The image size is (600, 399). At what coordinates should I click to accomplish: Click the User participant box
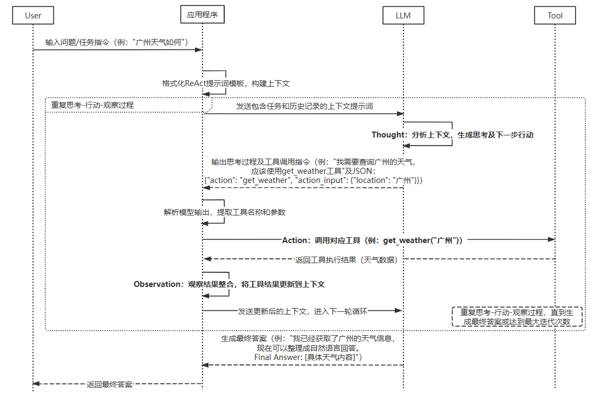tap(33, 15)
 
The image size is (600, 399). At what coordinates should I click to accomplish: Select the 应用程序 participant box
tap(202, 15)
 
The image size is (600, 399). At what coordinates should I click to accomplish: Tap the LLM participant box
tap(403, 15)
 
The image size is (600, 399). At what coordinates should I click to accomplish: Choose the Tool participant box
tap(555, 15)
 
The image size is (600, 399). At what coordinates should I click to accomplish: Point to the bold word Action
tap(295, 240)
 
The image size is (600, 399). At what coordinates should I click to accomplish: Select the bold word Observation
tap(158, 284)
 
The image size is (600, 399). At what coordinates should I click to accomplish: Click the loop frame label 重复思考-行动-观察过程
tap(92, 104)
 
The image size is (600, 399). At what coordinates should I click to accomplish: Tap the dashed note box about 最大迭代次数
tap(517, 317)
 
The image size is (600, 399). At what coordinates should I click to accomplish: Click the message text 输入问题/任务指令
tap(79, 42)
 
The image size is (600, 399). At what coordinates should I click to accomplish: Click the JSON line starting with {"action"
tap(314, 179)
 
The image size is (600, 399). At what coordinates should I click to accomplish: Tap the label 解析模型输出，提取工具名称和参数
tap(224, 212)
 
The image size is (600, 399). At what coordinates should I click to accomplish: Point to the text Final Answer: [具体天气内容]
tap(308, 357)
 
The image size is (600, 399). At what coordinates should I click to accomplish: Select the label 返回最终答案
tap(109, 384)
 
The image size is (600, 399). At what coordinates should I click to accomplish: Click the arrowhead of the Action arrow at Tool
tap(551, 239)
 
